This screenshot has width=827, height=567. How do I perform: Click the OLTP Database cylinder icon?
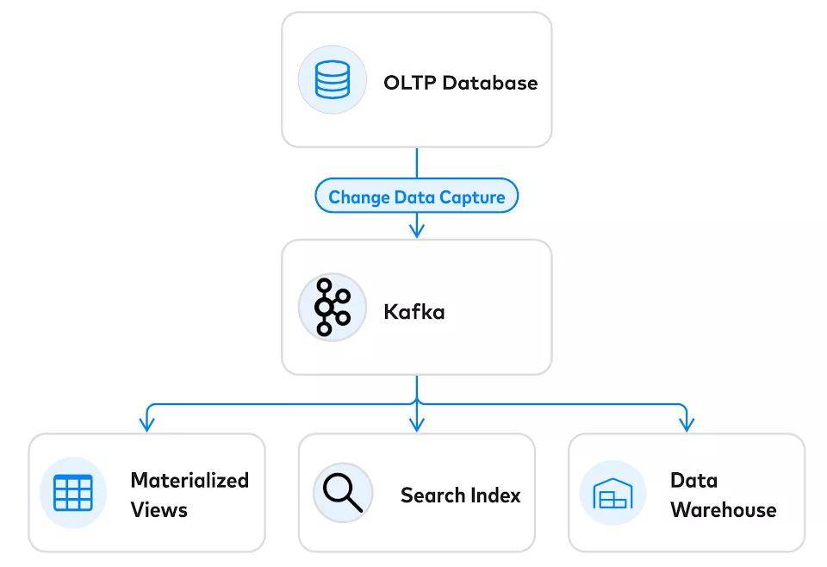coord(333,79)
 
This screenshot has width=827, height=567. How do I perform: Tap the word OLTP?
coord(410,83)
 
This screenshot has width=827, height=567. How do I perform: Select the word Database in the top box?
coord(490,83)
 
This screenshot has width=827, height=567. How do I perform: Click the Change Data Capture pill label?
coord(417,196)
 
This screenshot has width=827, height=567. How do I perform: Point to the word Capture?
coord(472,197)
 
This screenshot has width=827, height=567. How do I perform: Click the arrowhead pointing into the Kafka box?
coord(417,230)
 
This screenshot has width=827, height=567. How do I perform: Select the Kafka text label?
coord(414,312)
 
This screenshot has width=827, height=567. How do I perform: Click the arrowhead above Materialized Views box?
coord(146,424)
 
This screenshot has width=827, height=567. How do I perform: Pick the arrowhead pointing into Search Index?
coord(417,424)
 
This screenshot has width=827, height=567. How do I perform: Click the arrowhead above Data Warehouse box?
coord(687,424)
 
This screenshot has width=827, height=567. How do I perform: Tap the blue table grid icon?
coord(73,493)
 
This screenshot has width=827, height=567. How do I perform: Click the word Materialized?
coord(190,481)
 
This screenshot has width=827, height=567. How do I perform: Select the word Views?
coord(159,510)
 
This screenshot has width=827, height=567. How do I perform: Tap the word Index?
coord(495,495)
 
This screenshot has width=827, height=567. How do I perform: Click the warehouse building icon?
coord(612,493)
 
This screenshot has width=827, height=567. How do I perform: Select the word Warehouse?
coord(724,510)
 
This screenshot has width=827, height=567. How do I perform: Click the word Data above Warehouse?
coord(694,481)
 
